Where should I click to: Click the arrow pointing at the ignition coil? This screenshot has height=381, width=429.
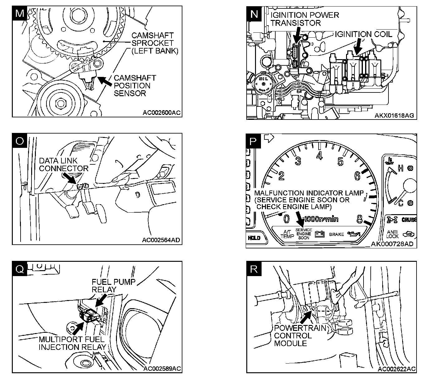(359, 46)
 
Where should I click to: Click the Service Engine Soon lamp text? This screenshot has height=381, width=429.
(304, 234)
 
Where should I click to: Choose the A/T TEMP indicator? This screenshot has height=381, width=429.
(287, 234)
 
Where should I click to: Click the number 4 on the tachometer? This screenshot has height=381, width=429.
(319, 155)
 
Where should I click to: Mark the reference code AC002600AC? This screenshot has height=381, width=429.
(161, 113)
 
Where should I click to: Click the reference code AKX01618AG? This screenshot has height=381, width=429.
(394, 115)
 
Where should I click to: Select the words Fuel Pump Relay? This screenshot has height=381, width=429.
(113, 285)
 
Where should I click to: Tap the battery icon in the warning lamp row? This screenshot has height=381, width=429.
(320, 234)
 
